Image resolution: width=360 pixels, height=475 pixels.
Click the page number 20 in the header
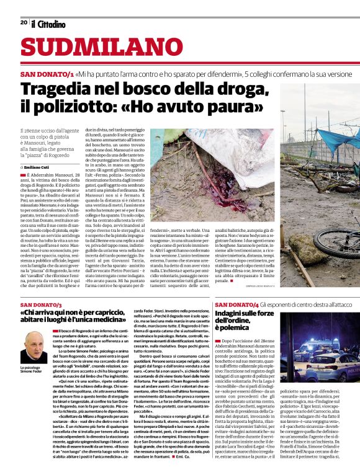coord(24,23)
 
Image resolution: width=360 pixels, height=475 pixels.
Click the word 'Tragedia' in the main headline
coord(60,89)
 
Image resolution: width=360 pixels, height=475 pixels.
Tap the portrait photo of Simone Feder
coord(36,347)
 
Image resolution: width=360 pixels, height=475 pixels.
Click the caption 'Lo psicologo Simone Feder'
coord(37,370)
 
